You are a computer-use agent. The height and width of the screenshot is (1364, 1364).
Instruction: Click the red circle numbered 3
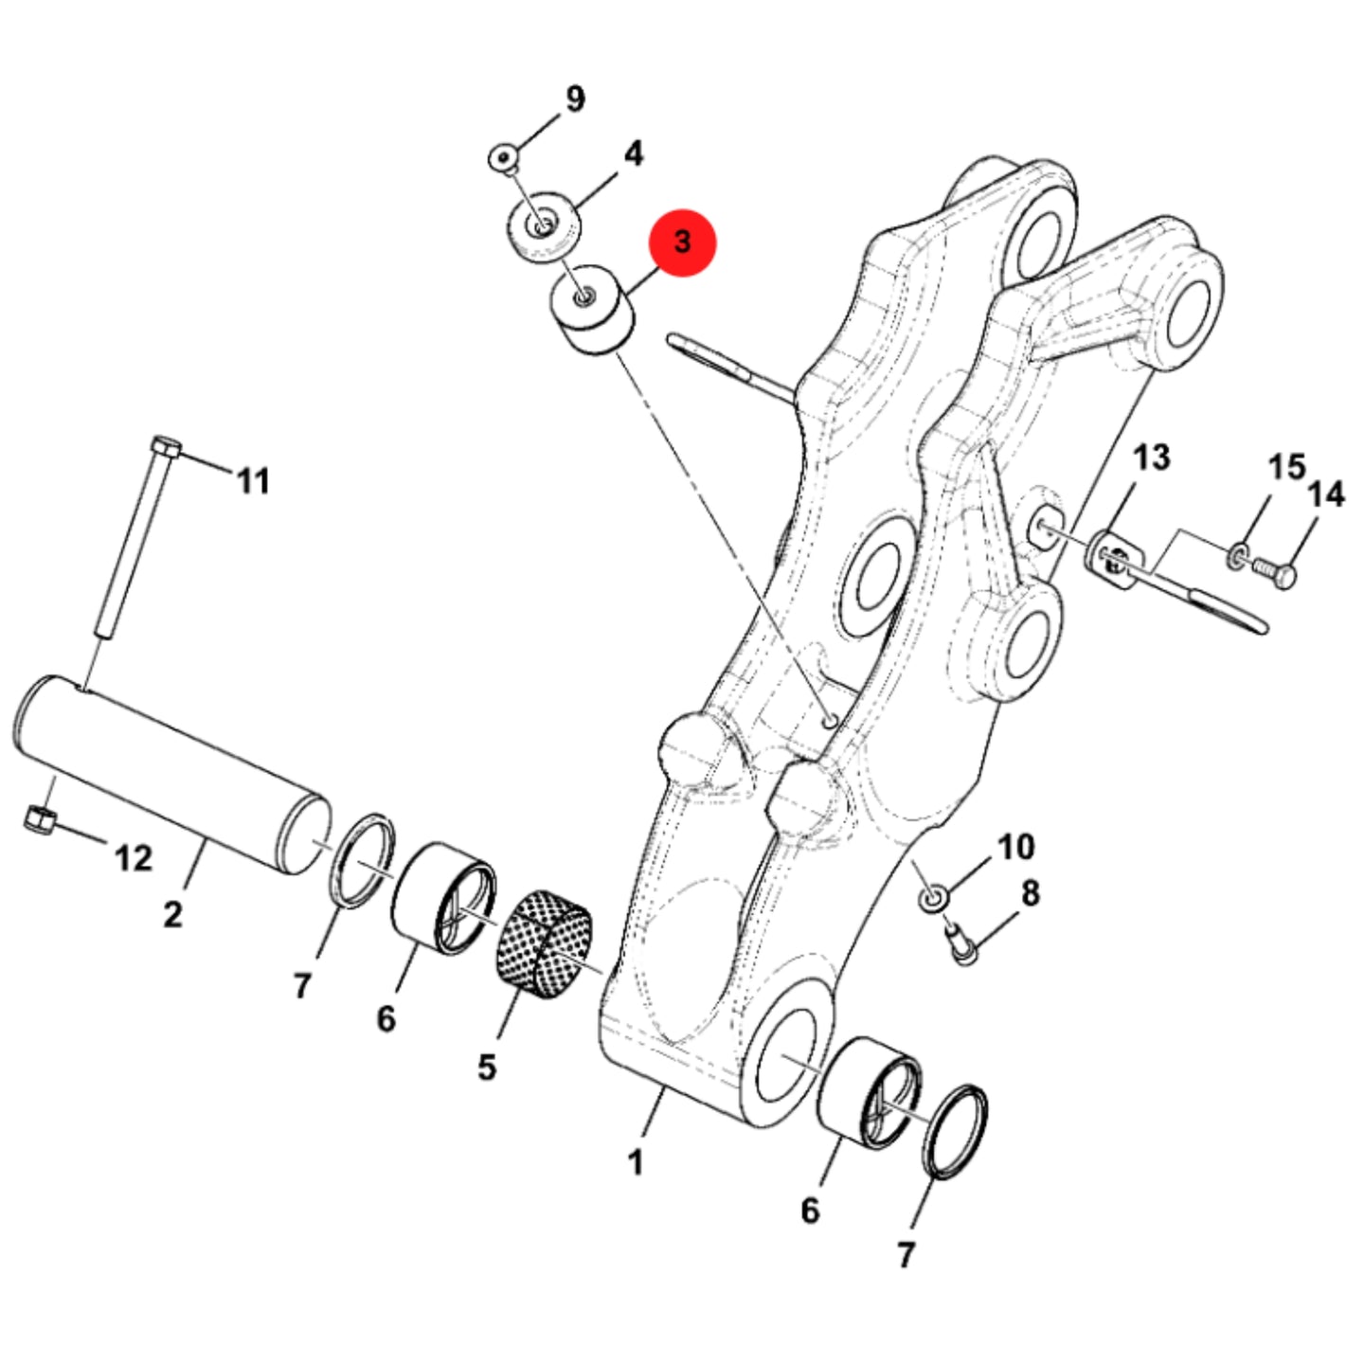pyautogui.click(x=682, y=242)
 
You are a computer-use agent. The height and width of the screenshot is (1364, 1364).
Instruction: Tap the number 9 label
pyautogui.click(x=575, y=99)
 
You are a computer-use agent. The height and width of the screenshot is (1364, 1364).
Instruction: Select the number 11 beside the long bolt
pyautogui.click(x=254, y=482)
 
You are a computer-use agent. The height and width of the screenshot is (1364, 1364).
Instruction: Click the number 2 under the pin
pyautogui.click(x=172, y=915)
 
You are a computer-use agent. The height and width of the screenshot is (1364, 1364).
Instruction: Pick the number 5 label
pyautogui.click(x=487, y=1068)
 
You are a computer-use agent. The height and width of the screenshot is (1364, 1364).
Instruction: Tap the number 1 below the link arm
pyautogui.click(x=636, y=1163)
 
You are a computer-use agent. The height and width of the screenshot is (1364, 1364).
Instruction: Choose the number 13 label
pyautogui.click(x=1153, y=458)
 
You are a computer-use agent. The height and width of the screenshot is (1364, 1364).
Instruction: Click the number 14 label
pyautogui.click(x=1326, y=494)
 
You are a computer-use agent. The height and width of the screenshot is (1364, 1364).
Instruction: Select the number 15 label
pyautogui.click(x=1287, y=467)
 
